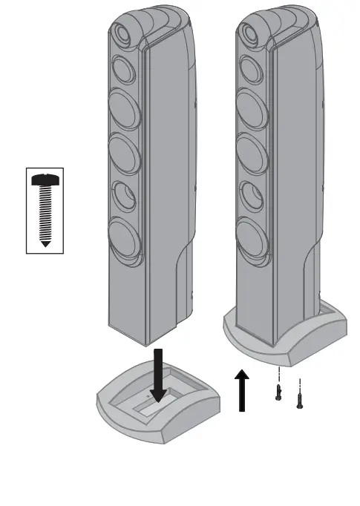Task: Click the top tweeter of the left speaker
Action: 121,34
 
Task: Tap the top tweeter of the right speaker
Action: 248,33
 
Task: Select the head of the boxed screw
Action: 45,179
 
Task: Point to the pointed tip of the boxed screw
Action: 45,243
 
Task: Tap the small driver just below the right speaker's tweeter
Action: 249,71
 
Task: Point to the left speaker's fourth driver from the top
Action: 125,195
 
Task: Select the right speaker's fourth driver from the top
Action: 251,195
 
